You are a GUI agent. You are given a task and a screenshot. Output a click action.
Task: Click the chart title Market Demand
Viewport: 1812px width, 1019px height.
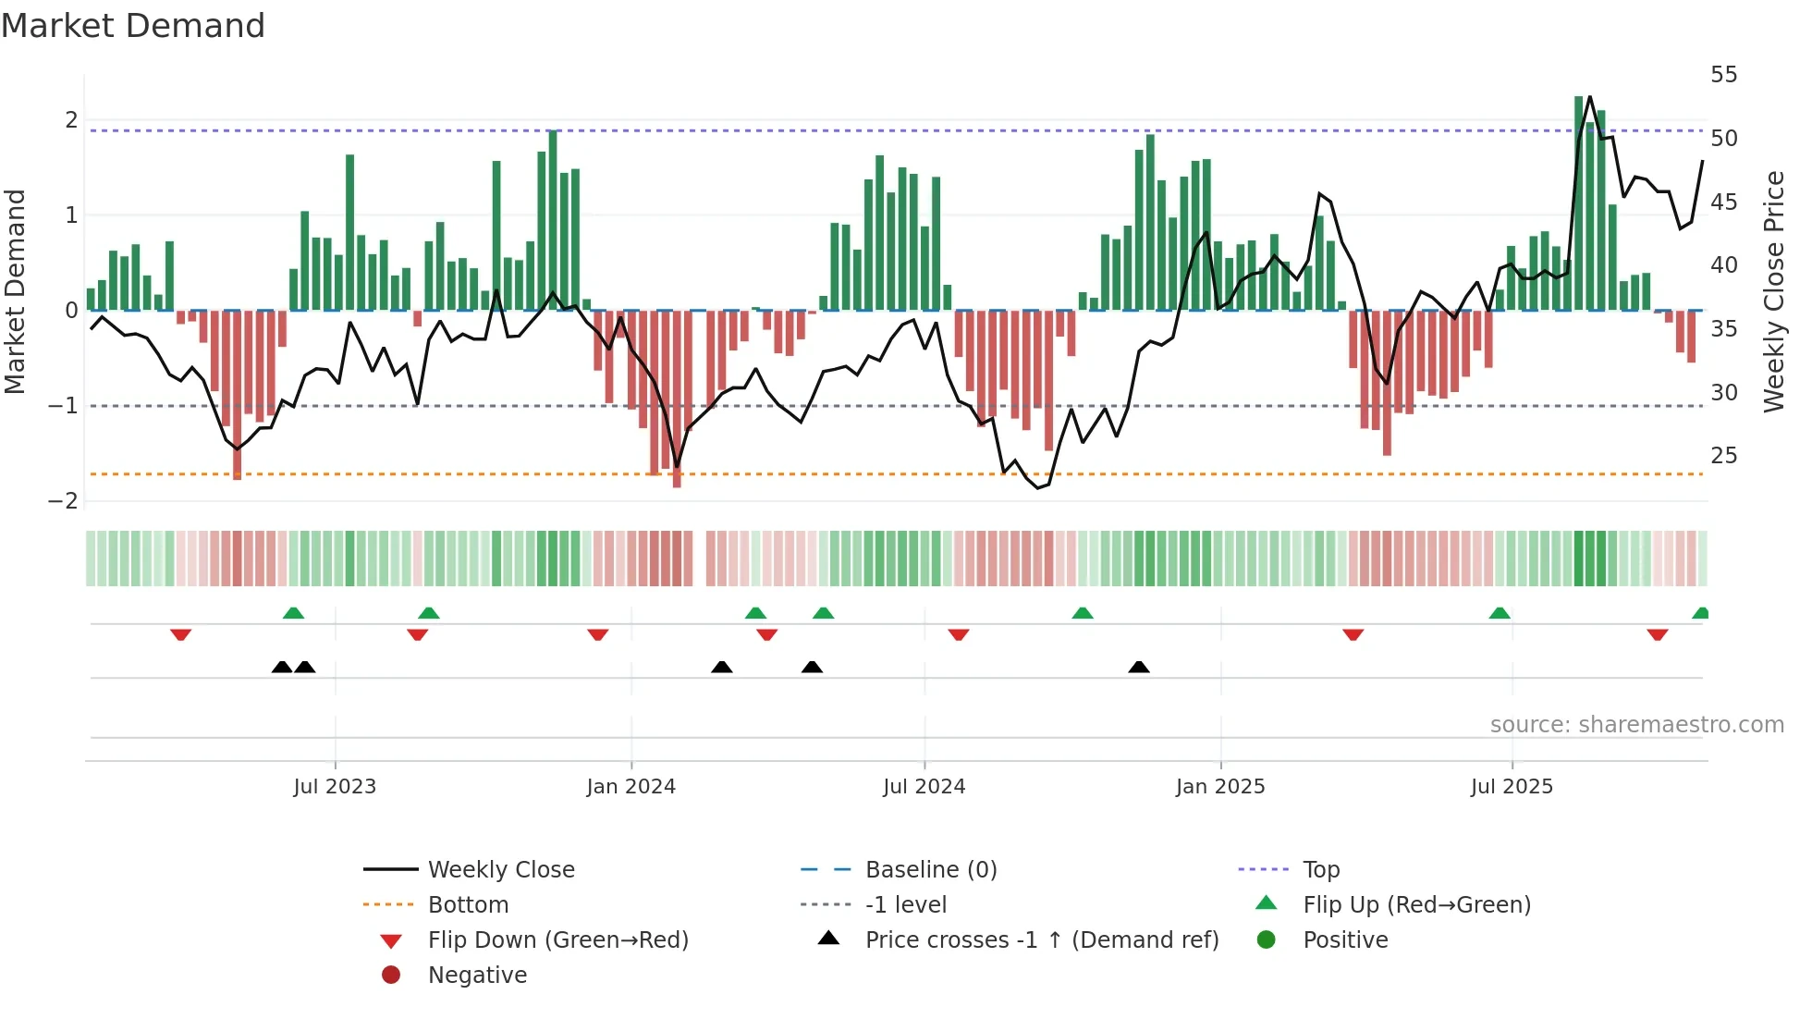coord(133,25)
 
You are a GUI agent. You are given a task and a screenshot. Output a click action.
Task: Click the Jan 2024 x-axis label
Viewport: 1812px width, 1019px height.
coord(631,787)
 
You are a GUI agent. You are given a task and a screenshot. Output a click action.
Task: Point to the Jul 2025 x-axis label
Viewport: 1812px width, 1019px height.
coord(1512,787)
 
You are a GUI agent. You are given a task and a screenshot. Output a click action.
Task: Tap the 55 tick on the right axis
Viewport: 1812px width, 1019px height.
coord(1723,75)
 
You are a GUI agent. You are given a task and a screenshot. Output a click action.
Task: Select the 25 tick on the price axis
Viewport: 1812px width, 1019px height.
coord(1723,456)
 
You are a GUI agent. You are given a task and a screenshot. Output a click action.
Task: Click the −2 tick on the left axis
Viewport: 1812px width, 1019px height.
coord(63,501)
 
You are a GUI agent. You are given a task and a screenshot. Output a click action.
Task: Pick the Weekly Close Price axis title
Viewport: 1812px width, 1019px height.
coord(1773,291)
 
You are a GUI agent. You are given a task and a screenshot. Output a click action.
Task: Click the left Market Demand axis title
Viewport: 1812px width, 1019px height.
coord(15,291)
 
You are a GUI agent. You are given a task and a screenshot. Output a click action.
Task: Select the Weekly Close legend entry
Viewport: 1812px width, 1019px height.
coord(500,870)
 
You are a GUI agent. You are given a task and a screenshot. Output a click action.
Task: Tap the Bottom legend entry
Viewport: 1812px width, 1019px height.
coord(468,905)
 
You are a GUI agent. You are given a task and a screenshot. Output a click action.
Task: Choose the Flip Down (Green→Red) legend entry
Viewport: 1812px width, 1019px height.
coord(557,940)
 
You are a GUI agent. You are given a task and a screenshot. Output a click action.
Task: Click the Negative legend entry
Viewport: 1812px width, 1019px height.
coord(477,976)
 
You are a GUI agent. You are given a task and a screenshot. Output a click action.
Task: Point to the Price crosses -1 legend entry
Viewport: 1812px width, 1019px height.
coord(1041,940)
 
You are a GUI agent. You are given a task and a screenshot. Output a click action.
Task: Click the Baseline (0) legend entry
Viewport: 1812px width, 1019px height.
coord(930,870)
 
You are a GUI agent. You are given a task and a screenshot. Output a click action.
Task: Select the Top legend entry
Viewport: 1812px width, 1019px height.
coord(1320,870)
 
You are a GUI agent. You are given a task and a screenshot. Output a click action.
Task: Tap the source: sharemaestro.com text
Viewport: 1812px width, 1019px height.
coord(1636,725)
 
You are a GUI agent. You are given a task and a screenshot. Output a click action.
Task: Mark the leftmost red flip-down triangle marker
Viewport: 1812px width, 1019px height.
coord(181,634)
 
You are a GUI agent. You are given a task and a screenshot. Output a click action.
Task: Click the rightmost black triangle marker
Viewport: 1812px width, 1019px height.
coord(1139,667)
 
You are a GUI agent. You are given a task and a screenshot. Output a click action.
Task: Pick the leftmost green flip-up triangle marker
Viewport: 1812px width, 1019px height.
coord(293,613)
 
